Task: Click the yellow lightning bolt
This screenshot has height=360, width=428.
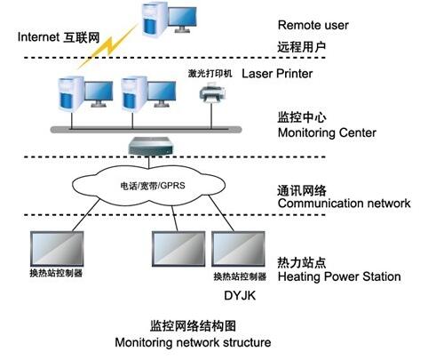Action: click(108, 46)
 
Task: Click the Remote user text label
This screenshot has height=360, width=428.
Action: click(313, 25)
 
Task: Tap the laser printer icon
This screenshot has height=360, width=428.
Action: click(212, 92)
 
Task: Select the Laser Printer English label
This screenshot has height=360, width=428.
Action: click(277, 74)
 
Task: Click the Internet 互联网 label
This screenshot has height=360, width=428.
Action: click(59, 37)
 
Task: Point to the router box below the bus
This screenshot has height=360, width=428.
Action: click(150, 147)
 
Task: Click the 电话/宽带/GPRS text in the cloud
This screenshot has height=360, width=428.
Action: click(153, 186)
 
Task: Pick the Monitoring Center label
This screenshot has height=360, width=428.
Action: click(327, 132)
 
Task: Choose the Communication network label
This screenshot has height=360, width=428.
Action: click(345, 204)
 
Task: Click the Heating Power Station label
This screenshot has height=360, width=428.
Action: click(339, 276)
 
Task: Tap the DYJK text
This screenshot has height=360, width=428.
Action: click(240, 295)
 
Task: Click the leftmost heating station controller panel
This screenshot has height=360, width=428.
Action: click(57, 249)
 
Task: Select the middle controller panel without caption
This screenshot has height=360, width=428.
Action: click(178, 249)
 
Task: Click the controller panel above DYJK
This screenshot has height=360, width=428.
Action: click(238, 249)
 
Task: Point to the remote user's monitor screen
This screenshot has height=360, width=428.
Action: click(182, 17)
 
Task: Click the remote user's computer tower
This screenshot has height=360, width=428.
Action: click(154, 19)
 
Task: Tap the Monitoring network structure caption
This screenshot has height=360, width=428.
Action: click(193, 342)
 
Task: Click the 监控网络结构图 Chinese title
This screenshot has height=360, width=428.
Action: click(193, 326)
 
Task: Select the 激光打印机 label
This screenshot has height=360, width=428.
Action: click(210, 74)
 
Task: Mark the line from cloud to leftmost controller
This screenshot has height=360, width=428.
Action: click(86, 215)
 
